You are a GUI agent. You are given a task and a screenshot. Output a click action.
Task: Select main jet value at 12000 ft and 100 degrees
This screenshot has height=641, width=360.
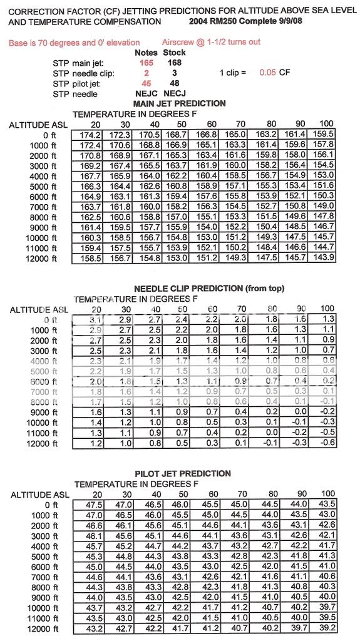click(x=323, y=258)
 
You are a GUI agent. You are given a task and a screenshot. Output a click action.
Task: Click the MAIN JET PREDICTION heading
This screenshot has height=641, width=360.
click(x=180, y=103)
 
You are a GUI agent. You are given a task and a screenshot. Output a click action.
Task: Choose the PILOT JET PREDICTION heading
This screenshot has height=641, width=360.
click(x=182, y=473)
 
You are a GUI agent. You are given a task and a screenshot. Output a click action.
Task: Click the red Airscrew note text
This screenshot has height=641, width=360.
click(x=211, y=42)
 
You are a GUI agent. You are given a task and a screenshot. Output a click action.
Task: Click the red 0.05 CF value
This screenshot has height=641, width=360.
click(x=267, y=73)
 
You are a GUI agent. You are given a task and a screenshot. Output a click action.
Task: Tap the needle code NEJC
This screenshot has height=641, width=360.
click(x=146, y=94)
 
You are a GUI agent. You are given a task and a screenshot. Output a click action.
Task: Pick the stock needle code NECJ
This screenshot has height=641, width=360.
click(x=175, y=94)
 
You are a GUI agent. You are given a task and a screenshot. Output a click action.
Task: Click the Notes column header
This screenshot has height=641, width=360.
click(x=146, y=53)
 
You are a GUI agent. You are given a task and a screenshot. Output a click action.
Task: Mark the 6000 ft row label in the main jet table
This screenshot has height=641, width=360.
click(x=45, y=196)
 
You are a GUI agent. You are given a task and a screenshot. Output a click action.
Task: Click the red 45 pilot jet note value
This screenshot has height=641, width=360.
click(x=146, y=83)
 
